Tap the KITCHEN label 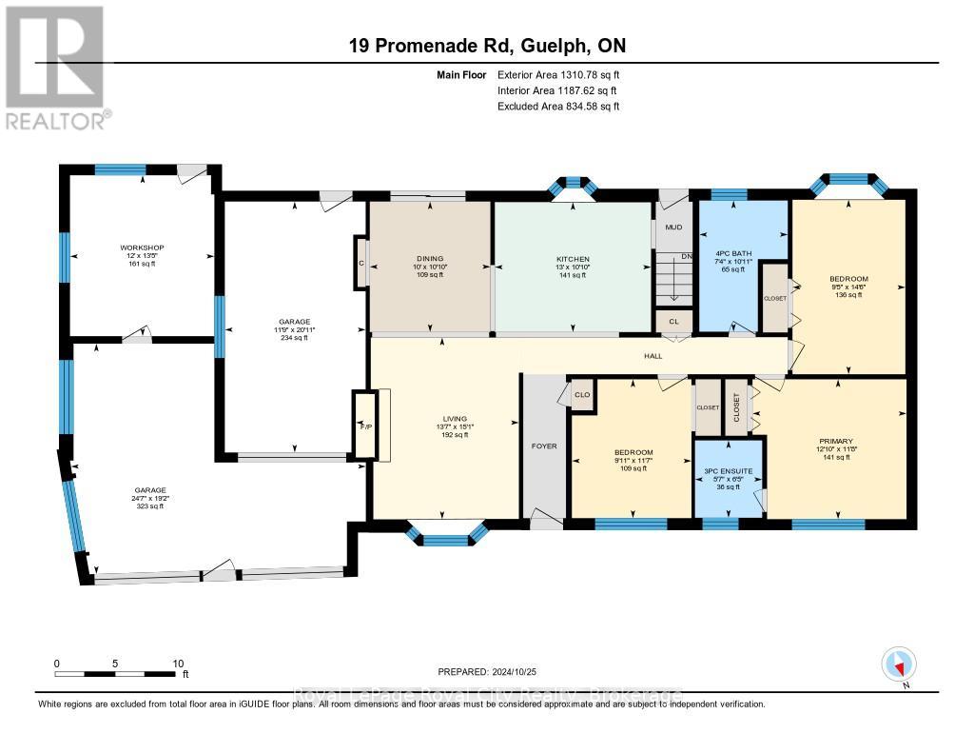pos(573,259)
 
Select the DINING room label pos(430,259)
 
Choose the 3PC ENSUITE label pos(728,470)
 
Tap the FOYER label pos(544,446)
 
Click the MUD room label pos(673,228)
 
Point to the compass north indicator pos(898,664)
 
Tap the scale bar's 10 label pos(177,664)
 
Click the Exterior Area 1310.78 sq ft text pos(558,74)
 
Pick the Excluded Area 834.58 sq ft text pos(558,107)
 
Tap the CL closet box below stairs pos(674,322)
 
